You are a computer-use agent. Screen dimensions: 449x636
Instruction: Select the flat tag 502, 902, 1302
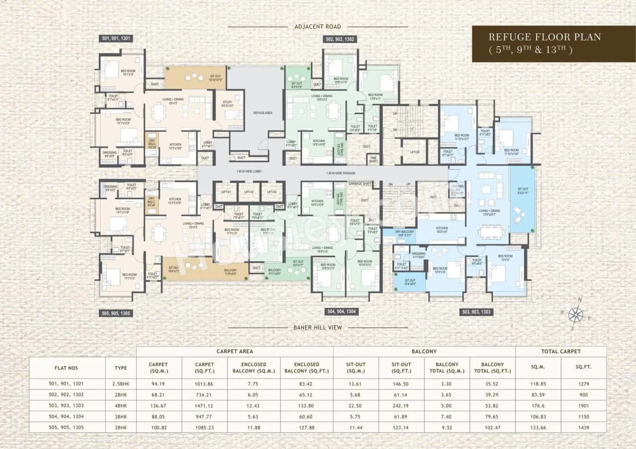[x=341, y=39]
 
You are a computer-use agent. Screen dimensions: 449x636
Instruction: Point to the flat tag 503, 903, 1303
[x=476, y=312]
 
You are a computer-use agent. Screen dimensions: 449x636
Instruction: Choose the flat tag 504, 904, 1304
[x=342, y=312]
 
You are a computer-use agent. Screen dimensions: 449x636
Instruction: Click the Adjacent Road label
[x=318, y=26]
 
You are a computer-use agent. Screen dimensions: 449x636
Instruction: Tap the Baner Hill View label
[x=318, y=327]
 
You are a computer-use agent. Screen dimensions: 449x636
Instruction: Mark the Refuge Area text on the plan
[x=262, y=113]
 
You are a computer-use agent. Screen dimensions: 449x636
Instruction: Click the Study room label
[x=227, y=104]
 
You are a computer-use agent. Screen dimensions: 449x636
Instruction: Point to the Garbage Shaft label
[x=360, y=184]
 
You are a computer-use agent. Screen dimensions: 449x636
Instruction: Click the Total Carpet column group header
[x=560, y=351]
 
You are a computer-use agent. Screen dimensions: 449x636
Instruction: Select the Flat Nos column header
[x=66, y=368]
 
